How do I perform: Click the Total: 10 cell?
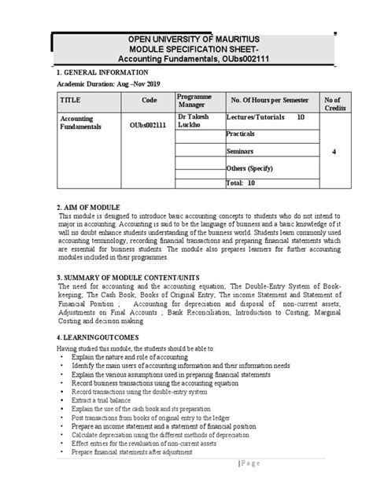241,182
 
